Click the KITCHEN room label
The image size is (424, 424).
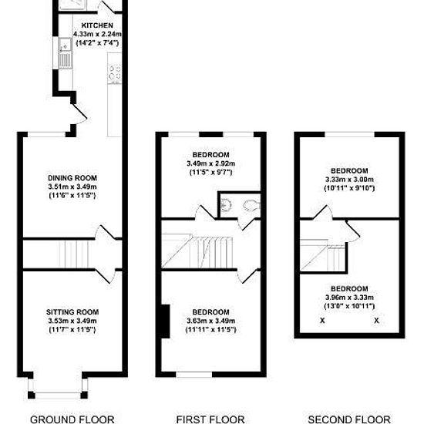pyautogui.click(x=97, y=25)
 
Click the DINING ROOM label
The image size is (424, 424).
pyautogui.click(x=72, y=178)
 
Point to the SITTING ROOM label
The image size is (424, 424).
pyautogui.click(x=72, y=312)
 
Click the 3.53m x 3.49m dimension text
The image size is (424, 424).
pyautogui.click(x=72, y=321)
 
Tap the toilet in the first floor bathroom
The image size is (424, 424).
pyautogui.click(x=251, y=206)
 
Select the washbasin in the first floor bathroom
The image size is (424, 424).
pyautogui.click(x=226, y=205)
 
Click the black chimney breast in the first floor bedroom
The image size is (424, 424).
pyautogui.click(x=166, y=321)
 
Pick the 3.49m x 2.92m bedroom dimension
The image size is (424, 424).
pyautogui.click(x=211, y=163)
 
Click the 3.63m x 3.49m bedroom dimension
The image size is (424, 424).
pyautogui.click(x=211, y=321)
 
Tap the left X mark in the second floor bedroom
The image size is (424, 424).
pyautogui.click(x=322, y=321)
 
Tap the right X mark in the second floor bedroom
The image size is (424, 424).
pyautogui.click(x=376, y=321)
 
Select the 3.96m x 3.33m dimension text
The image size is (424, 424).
pyautogui.click(x=349, y=298)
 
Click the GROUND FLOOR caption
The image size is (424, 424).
pyautogui.click(x=72, y=419)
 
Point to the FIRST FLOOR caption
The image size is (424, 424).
pyautogui.click(x=210, y=419)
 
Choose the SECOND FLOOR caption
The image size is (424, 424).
pyautogui.click(x=349, y=419)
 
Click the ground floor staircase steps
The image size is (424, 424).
pyautogui.click(x=74, y=254)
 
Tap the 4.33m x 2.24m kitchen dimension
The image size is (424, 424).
pyautogui.click(x=97, y=35)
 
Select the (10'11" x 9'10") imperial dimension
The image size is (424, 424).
pyautogui.click(x=349, y=188)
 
